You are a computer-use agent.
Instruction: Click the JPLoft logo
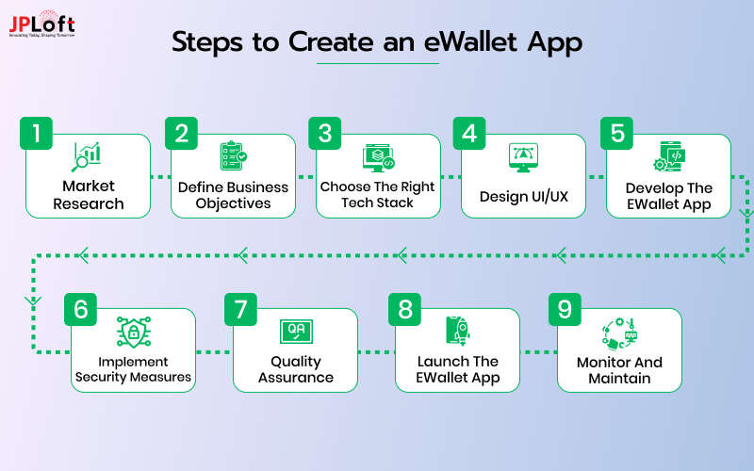[x=41, y=25]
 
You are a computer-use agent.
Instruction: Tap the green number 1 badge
[x=37, y=133]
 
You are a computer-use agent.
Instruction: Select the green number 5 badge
[x=617, y=133]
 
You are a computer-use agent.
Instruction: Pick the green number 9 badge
[x=565, y=308]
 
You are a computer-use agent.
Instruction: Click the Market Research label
[x=89, y=195]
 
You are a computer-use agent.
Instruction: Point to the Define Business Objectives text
[x=233, y=195]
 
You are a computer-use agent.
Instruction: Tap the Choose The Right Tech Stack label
[x=377, y=195]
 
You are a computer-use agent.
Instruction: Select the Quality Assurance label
[x=296, y=369]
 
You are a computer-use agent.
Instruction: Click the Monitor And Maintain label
[x=619, y=369]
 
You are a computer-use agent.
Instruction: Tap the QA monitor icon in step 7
[x=296, y=331]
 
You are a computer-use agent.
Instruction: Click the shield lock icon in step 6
[x=133, y=332]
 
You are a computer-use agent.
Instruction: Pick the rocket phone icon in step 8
[x=457, y=331]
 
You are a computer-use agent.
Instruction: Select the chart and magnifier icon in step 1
[x=88, y=156]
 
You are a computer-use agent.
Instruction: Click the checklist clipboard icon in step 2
[x=233, y=156]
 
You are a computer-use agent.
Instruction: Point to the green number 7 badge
[x=241, y=308]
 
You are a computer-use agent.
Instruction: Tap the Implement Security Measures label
[x=134, y=369]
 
